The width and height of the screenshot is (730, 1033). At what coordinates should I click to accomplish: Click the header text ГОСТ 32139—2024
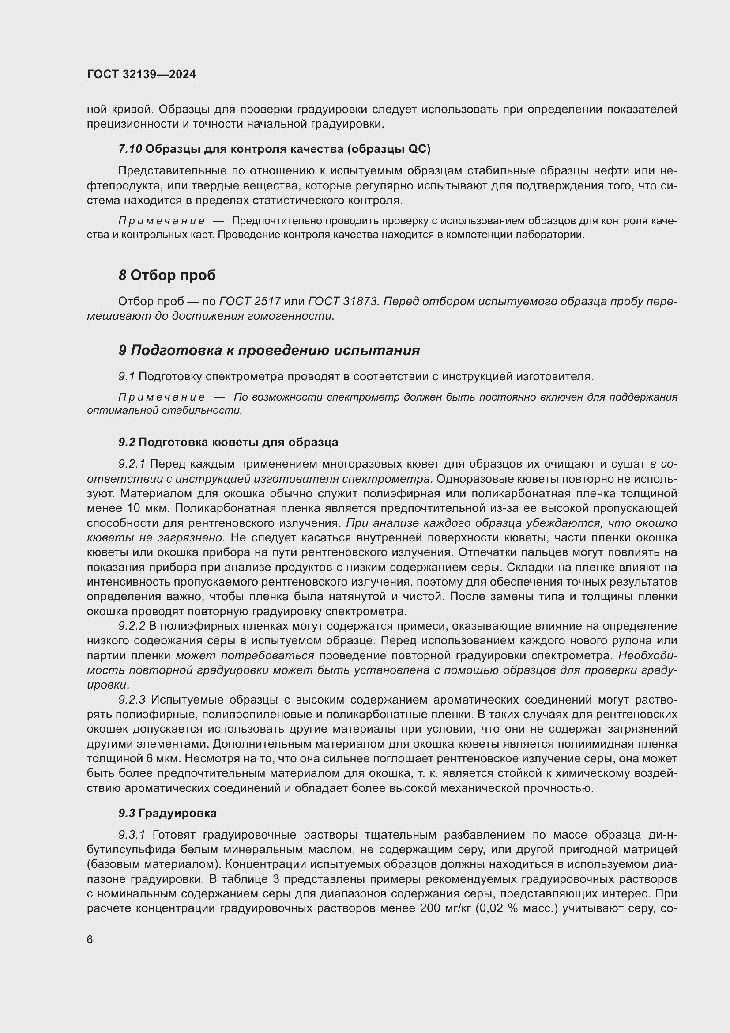coord(142,75)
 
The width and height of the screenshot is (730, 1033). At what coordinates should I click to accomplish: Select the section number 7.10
coord(130,149)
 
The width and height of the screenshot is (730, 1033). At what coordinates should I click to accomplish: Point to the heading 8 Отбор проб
coord(167,275)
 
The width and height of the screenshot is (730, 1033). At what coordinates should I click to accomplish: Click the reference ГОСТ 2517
coord(250,302)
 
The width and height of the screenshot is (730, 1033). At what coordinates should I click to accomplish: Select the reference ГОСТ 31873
coord(342,302)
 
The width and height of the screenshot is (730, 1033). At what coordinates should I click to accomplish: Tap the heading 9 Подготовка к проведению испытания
coord(269,350)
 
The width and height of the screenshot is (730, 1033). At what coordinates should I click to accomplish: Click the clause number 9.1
coord(126,377)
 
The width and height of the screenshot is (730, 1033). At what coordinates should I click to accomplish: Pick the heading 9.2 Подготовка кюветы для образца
coord(228,442)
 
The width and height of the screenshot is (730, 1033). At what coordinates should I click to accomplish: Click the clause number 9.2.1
coord(132,464)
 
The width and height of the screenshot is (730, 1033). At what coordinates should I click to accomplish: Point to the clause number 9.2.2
coord(132,626)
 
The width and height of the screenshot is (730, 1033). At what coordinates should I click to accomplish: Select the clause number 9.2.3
coord(132,700)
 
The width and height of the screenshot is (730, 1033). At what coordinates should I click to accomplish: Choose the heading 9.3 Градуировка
coord(168,813)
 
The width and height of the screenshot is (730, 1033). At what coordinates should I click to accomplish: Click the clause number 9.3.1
coord(132,835)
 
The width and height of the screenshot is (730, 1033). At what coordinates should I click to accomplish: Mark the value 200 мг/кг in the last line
coord(445,908)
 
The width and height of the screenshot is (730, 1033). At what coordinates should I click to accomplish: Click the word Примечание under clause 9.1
coord(162,397)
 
